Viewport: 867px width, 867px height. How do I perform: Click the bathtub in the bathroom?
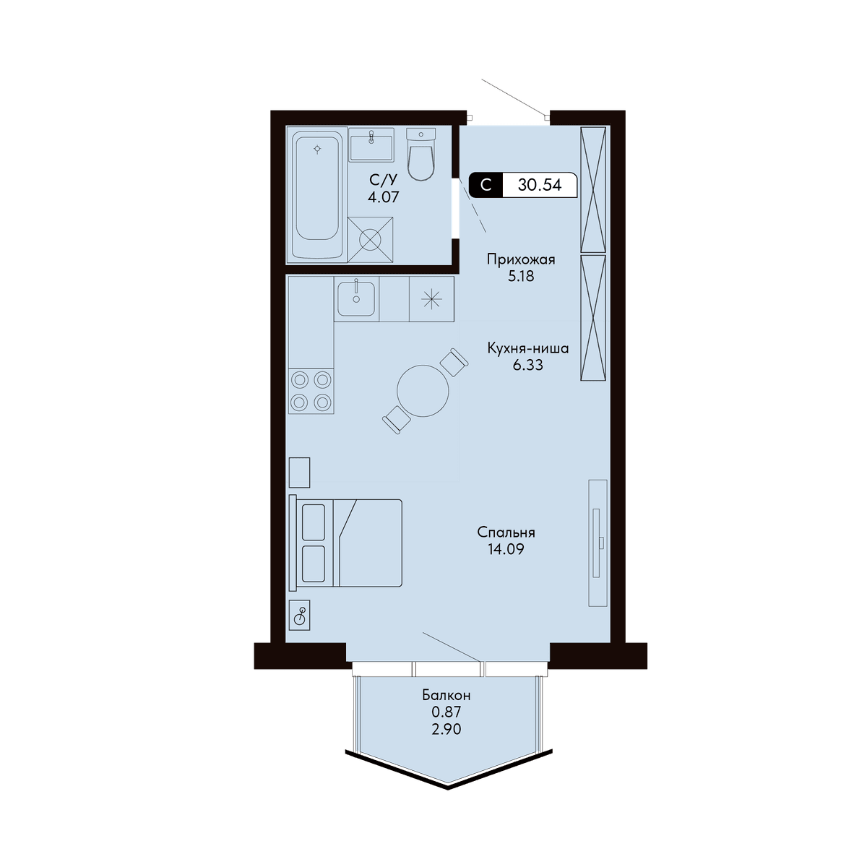[x=317, y=194]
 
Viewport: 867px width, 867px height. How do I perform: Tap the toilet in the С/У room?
[x=421, y=154]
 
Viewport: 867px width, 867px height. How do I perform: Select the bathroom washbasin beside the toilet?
[x=371, y=144]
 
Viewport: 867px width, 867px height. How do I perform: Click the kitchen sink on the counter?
[x=356, y=298]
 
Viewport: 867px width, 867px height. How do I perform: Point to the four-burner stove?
[x=311, y=391]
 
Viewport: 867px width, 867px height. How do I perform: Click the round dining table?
[x=423, y=391]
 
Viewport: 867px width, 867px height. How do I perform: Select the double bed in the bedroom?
[x=345, y=543]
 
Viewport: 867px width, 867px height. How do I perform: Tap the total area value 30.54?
[x=540, y=185]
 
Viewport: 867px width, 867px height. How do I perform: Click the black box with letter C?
[x=486, y=185]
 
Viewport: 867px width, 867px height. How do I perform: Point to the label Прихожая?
[x=521, y=259]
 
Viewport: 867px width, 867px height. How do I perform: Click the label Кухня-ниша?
[x=528, y=348]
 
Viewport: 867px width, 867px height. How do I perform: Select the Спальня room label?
[x=506, y=532]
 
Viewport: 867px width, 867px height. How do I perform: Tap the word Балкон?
[x=447, y=695]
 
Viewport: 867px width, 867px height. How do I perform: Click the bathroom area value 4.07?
[x=384, y=197]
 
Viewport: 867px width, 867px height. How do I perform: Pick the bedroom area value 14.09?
[x=506, y=549]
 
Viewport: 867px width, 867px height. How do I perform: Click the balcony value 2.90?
[x=447, y=729]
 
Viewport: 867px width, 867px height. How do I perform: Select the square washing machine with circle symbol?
[x=371, y=239]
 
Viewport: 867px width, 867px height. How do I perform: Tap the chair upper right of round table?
[x=454, y=362]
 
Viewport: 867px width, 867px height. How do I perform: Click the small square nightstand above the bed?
[x=299, y=473]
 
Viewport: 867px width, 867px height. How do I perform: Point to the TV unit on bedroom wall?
[x=598, y=543]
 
